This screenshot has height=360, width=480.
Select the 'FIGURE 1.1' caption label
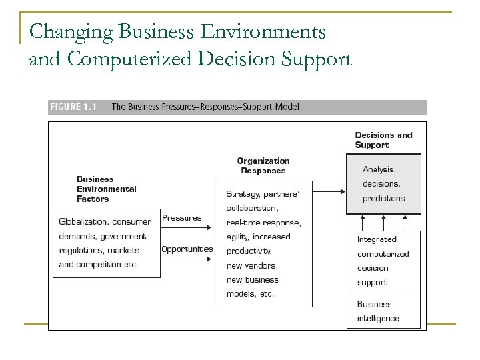pyautogui.click(x=73, y=107)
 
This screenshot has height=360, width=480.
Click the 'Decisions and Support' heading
pyautogui.click(x=383, y=140)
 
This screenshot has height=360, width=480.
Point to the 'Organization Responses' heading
pyautogui.click(x=263, y=165)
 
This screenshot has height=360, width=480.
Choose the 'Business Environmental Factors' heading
pyautogui.click(x=106, y=189)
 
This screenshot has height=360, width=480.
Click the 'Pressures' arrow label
pyautogui.click(x=182, y=218)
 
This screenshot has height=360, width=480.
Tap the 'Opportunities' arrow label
pyautogui.click(x=187, y=249)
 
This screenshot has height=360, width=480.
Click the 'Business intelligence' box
pyautogui.click(x=383, y=311)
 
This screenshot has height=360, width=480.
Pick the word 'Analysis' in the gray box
pyautogui.click(x=379, y=169)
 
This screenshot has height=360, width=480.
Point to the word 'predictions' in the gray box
pyautogui.click(x=383, y=198)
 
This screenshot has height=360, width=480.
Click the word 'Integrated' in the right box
pyautogui.click(x=377, y=239)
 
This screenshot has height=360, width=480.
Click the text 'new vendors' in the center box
pyautogui.click(x=251, y=265)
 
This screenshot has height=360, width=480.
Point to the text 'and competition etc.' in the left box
pyautogui.click(x=99, y=265)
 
